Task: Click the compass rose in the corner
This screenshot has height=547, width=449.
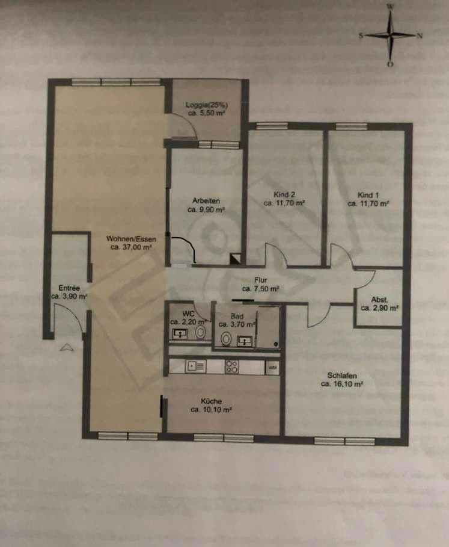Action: coord(391,35)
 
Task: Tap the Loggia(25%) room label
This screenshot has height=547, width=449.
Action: coord(206,104)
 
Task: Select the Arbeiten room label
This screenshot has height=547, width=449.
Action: coord(206,200)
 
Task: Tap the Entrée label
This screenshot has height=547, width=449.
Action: coord(69,288)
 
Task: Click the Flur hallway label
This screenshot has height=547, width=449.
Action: coord(260,280)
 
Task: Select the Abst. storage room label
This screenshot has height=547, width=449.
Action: coord(379,300)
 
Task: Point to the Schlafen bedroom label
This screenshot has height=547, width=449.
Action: coord(339,375)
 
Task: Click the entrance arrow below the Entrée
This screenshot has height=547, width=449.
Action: coord(67,346)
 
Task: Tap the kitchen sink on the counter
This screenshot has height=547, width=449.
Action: coord(196,365)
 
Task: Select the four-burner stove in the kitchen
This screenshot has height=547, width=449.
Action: coord(232,365)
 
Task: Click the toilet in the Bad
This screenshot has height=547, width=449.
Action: coord(225,339)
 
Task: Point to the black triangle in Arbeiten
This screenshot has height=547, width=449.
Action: coord(235,258)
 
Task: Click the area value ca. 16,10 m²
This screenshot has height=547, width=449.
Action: coord(339,383)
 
